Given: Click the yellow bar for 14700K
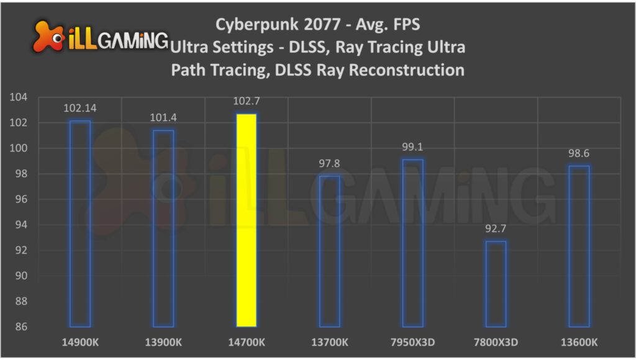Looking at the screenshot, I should (x=246, y=220).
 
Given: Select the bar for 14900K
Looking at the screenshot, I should (x=80, y=223).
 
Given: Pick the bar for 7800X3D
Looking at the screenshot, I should (x=496, y=284).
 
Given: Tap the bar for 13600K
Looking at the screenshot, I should (x=579, y=246).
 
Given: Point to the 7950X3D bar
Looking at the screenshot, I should (x=412, y=243).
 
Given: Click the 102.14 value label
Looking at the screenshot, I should (x=80, y=109).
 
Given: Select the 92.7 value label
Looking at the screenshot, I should (x=496, y=230).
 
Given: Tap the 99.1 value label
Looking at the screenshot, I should (x=412, y=148).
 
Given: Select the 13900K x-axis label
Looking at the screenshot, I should (x=163, y=342).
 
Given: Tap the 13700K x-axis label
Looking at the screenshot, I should (x=330, y=342).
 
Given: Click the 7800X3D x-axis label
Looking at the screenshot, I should (x=496, y=342).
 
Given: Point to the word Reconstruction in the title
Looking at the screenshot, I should (x=406, y=70).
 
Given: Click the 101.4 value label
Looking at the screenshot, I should (x=163, y=118).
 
